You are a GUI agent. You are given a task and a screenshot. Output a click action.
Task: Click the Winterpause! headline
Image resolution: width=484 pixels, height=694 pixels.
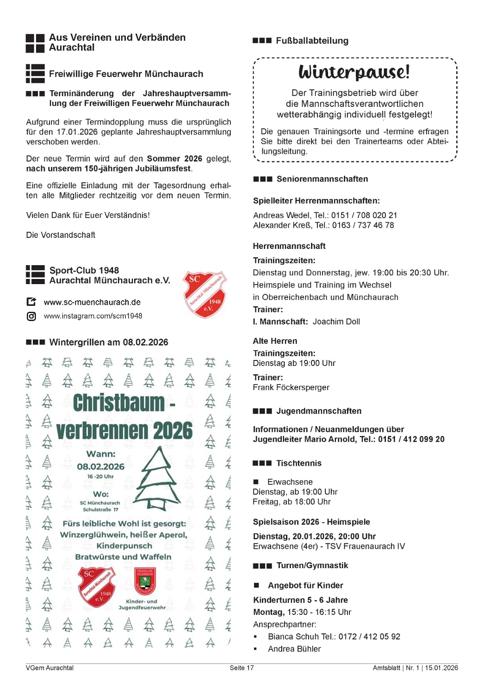click(354, 72)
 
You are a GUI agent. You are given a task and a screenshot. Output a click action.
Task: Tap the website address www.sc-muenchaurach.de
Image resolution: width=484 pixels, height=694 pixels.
click(92, 302)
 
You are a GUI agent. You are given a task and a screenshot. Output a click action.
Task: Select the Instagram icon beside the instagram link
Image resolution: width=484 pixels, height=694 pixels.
click(31, 316)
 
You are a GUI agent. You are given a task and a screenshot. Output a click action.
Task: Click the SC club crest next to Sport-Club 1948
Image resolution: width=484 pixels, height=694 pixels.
click(205, 294)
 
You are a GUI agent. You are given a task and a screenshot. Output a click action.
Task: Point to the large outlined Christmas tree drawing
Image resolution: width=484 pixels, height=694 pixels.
click(158, 477)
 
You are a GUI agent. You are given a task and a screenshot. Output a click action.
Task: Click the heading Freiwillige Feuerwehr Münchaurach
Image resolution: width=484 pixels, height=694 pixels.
click(126, 74)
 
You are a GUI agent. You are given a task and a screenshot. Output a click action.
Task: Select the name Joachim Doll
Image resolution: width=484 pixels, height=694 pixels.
click(336, 322)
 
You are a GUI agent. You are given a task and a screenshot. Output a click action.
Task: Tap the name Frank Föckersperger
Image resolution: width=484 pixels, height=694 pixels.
click(291, 387)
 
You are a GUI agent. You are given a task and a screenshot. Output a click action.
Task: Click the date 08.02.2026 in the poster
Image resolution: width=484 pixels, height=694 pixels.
click(100, 466)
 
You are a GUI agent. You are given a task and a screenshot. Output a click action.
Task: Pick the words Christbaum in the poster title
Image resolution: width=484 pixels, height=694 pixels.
click(118, 403)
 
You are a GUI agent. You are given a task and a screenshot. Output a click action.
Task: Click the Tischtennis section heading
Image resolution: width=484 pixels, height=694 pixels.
click(298, 463)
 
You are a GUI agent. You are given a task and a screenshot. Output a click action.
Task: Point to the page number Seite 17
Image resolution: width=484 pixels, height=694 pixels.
click(242, 668)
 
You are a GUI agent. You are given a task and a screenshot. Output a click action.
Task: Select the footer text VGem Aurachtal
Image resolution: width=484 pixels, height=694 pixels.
click(50, 668)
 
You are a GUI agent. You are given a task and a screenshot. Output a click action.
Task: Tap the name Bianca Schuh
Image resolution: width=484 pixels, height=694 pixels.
click(290, 637)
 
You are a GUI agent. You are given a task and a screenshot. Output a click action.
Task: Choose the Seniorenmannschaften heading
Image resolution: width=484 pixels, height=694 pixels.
click(322, 179)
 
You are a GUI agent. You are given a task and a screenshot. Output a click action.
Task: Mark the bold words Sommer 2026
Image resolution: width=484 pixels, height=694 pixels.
click(174, 159)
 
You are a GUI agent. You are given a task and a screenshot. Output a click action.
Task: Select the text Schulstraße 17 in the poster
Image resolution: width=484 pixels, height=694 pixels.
click(100, 509)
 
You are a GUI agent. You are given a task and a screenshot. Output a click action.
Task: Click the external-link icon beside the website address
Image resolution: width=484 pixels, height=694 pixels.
click(31, 302)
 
